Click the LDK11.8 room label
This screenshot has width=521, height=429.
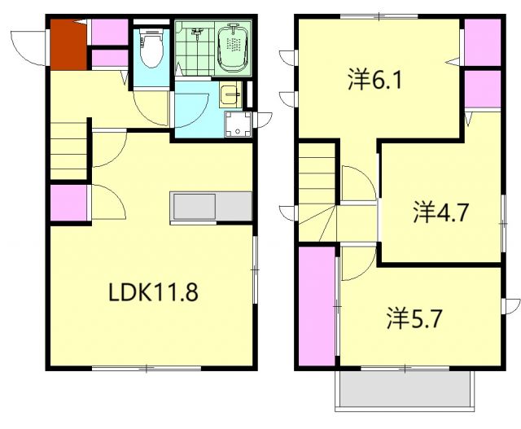point(153,292)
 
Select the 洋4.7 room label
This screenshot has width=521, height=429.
point(439,213)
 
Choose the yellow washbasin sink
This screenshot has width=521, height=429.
point(230,95)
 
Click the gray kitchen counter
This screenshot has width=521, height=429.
point(211,206)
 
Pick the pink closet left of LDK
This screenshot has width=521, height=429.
point(68,204)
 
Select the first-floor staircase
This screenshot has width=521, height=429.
point(68,153)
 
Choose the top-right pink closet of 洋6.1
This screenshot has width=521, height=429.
point(483,42)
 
